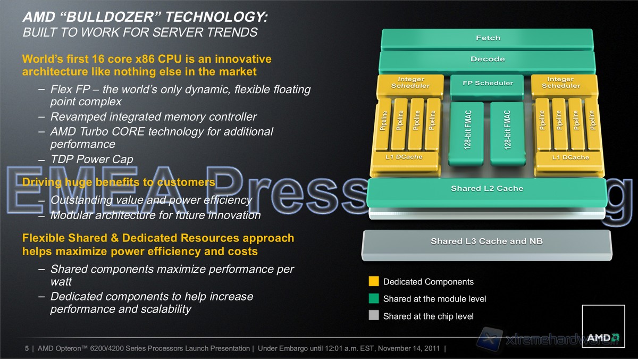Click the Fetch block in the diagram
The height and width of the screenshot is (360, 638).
pos(488,38)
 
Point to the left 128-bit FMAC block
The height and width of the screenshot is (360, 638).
pos(466,133)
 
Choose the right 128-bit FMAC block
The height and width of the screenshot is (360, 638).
pos(508,133)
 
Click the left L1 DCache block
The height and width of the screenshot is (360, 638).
pos(405,160)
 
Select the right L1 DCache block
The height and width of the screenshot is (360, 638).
pos(569,161)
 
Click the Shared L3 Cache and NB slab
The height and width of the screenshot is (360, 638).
pos(487,245)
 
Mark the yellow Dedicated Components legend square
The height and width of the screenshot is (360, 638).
pos(374,281)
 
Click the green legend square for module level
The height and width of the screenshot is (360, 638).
pos(374,298)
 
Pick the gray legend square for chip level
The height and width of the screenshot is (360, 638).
pos(374,315)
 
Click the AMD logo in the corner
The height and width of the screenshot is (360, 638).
pos(603,326)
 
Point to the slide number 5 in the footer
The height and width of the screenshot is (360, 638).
pos(27,348)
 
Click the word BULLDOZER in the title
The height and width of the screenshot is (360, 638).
pos(110,17)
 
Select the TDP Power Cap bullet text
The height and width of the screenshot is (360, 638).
pos(91,159)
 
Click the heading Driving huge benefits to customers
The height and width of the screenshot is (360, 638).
pos(119,182)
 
